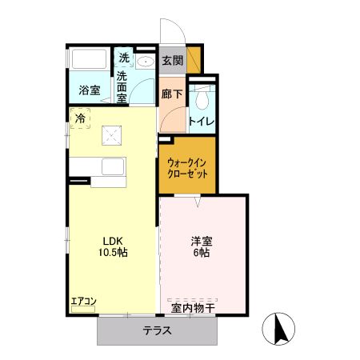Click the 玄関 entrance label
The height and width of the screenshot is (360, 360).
coord(172,60)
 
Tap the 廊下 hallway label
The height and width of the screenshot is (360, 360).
coord(172,94)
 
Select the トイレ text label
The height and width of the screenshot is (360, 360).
coord(200,122)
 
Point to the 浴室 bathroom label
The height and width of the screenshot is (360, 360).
coord(89,90)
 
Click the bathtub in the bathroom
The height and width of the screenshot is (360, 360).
coord(89,61)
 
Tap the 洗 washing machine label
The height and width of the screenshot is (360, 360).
coord(124,58)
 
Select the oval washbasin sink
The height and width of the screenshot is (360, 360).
coord(146,62)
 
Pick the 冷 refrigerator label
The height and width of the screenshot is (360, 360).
coord(80,118)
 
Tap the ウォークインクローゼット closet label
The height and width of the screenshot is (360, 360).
coord(188,166)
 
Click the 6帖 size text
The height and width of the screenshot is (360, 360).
coord(200,253)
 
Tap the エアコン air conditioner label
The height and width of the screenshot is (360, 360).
coord(83,302)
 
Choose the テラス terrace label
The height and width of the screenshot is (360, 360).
coord(157,331)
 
